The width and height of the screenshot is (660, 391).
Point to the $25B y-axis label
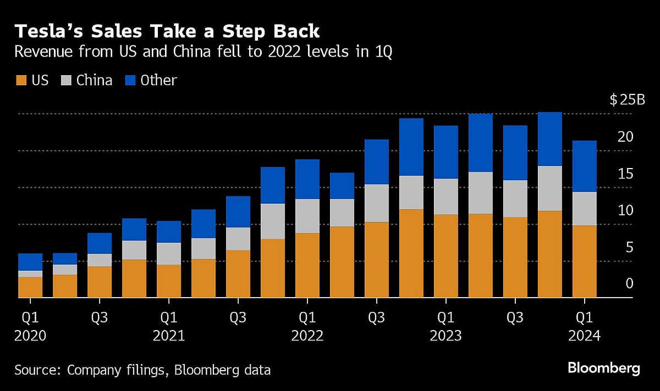coord(627,100)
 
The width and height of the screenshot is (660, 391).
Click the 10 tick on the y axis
coord(626,210)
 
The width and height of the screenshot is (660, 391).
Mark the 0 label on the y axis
coord(629,284)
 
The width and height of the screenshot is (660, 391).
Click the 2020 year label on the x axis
coord(30,336)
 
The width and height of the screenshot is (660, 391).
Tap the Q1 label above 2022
coord(307,317)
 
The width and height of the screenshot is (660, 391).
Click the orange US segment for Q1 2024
coord(585,261)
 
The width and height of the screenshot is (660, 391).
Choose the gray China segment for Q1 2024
coord(585,209)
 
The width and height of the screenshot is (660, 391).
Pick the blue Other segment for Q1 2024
coord(585,166)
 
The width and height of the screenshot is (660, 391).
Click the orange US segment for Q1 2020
coord(30,287)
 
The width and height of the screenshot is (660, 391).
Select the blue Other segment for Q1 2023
coord(446,152)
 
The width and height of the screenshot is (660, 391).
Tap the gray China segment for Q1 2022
coord(307,216)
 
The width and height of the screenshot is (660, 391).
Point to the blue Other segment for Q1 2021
coord(169,232)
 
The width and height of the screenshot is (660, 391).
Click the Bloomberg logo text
coord(603,368)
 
